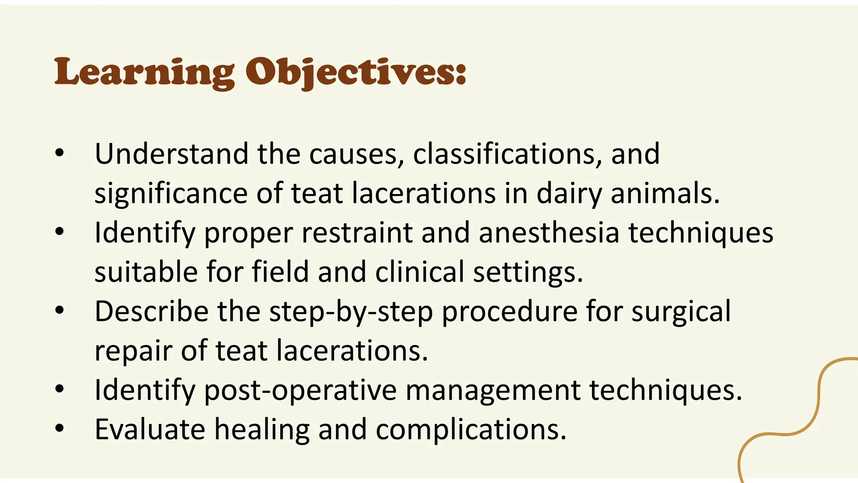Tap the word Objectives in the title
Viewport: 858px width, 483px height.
(355, 72)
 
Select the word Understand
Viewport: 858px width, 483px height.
(171, 154)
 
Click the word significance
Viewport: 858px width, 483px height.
(171, 194)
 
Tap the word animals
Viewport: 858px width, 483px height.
(665, 194)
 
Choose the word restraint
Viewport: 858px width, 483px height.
(357, 233)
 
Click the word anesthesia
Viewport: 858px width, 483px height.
(549, 233)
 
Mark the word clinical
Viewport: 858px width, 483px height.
(419, 272)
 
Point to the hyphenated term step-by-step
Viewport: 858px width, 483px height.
(351, 312)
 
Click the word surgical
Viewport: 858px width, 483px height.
(681, 312)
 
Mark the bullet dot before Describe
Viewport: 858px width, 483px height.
(59, 310)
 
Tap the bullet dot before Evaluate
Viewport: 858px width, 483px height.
(59, 428)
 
